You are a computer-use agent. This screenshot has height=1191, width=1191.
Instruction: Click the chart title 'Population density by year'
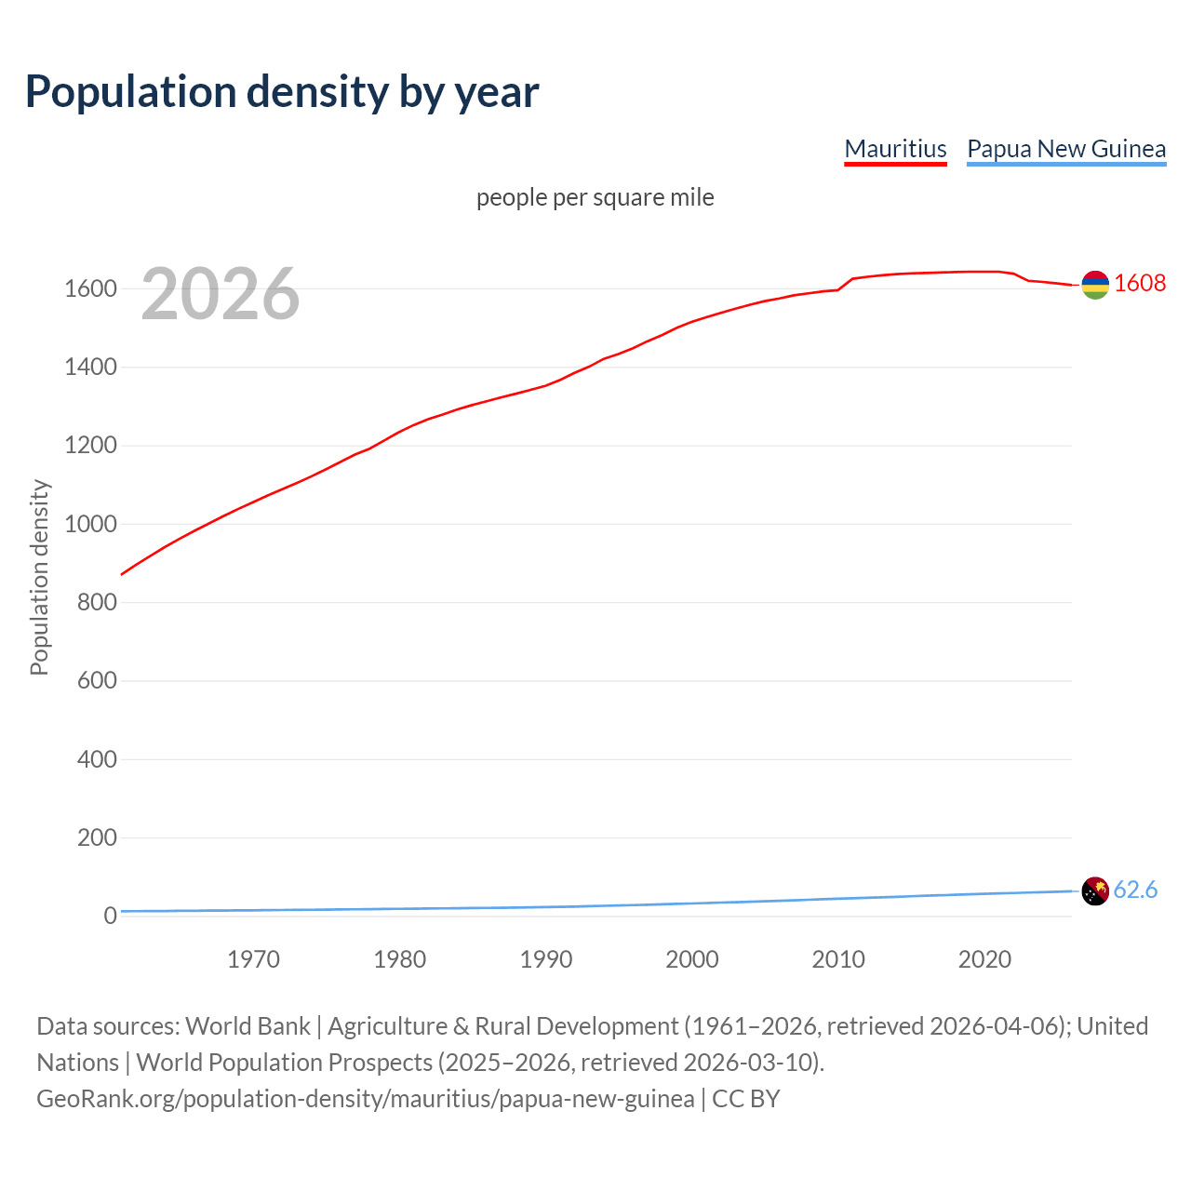click(x=282, y=92)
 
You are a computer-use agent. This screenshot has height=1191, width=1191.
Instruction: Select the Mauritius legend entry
click(x=895, y=149)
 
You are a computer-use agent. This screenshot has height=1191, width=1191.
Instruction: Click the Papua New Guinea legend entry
click(x=1066, y=149)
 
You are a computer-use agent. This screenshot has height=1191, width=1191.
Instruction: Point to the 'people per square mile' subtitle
click(x=595, y=197)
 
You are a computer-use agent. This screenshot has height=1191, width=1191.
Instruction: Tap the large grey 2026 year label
click(x=221, y=294)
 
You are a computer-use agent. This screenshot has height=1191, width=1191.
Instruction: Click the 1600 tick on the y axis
click(x=90, y=289)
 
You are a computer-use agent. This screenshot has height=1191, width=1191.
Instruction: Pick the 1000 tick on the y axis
click(x=90, y=524)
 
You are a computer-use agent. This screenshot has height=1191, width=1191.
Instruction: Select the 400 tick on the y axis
click(x=97, y=759)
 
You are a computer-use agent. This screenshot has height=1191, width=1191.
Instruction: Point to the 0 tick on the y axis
click(x=110, y=916)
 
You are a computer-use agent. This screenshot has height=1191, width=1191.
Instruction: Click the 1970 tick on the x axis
click(x=253, y=959)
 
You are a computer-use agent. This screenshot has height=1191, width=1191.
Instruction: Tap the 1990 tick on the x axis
click(x=546, y=959)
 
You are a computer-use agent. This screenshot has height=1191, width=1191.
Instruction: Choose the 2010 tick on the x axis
click(x=838, y=959)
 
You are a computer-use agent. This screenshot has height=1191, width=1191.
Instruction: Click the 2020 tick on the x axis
click(x=984, y=959)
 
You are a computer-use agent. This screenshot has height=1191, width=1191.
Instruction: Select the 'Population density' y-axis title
click(x=39, y=577)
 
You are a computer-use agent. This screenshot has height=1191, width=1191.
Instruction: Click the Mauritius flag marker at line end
click(x=1095, y=285)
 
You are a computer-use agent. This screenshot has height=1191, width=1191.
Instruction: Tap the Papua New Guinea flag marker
click(x=1095, y=890)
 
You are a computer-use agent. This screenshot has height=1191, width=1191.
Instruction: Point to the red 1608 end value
click(x=1140, y=283)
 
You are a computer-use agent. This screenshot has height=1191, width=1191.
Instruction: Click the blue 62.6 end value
click(x=1135, y=890)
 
